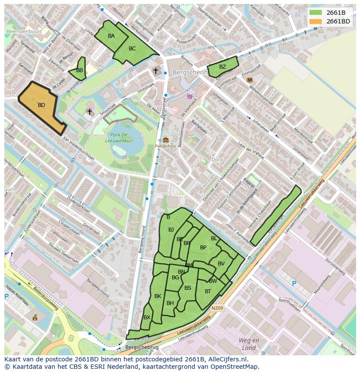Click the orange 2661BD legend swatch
(x=316, y=21)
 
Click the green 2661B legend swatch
(x=316, y=13)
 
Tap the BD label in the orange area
(x=41, y=105)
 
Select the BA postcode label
(x=111, y=36)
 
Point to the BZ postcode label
(x=222, y=67)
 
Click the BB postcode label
(x=80, y=70)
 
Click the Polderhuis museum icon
(x=166, y=140)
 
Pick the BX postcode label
(x=147, y=318)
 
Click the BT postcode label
(x=208, y=291)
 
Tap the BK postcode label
(x=158, y=296)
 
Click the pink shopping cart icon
(x=190, y=96)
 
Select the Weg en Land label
(x=249, y=344)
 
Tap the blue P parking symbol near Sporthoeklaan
(x=294, y=284)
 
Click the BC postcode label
(x=132, y=49)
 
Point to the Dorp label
(x=217, y=159)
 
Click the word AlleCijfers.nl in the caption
(x=227, y=360)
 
